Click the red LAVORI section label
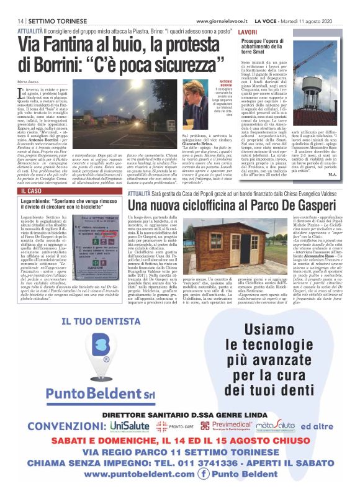click(247, 31)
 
